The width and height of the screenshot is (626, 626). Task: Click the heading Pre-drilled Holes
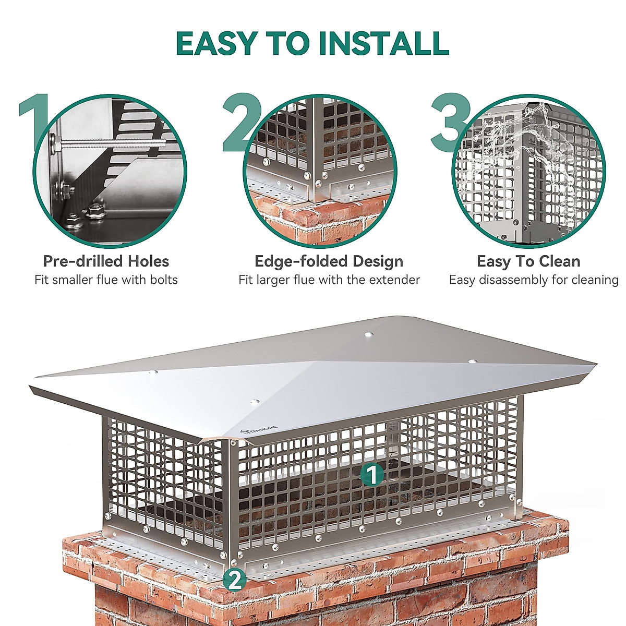coord(106,261)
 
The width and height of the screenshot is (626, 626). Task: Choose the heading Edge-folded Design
coord(329,261)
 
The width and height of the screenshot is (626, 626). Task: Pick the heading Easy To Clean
coord(528,261)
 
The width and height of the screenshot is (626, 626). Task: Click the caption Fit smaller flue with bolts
coord(106,280)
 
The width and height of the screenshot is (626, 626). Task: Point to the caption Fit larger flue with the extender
coord(329,280)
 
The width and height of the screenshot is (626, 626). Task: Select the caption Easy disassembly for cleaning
coord(533,280)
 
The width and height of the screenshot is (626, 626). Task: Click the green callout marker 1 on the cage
coord(372,474)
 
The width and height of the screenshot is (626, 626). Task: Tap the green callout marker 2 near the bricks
coord(235,580)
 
